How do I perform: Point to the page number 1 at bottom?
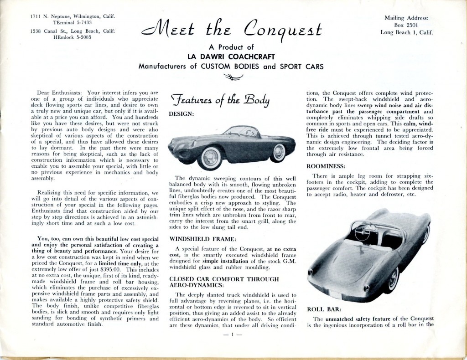[232, 335]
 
